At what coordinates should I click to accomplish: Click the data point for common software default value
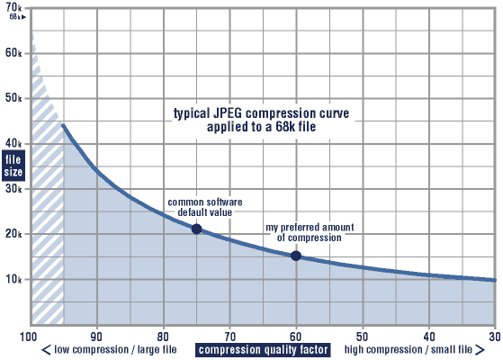[x=196, y=229]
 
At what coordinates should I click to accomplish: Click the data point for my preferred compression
[x=296, y=256]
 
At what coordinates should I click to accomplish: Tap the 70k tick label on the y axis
[x=13, y=7]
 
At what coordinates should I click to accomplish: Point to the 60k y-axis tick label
[x=13, y=53]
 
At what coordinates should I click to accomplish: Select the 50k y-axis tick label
[x=13, y=98]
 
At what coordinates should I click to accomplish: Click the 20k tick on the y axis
[x=13, y=234]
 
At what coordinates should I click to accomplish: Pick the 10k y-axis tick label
[x=13, y=279]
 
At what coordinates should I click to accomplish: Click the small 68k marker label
[x=13, y=17]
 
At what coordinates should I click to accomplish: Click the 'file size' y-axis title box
[x=14, y=166]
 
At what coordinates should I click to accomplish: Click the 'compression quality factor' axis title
[x=263, y=350]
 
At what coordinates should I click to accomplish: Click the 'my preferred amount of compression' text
[x=302, y=232]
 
